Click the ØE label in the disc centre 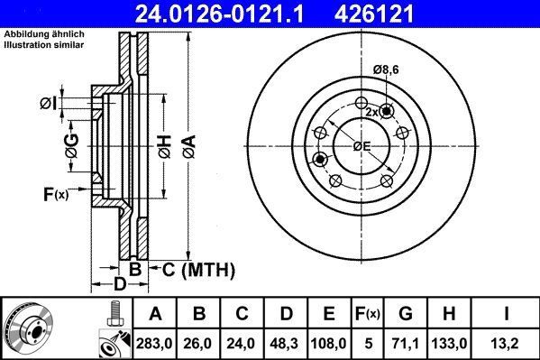click(x=362, y=146)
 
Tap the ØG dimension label click(x=71, y=140)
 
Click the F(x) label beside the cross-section click(x=55, y=194)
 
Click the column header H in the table click(x=451, y=314)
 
